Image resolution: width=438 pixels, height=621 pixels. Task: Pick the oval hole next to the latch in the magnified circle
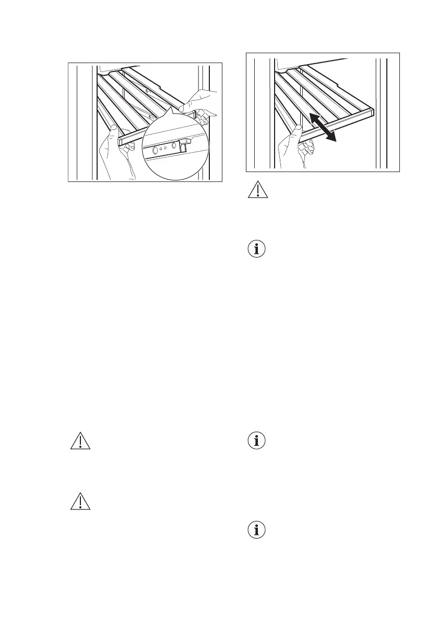[173, 145]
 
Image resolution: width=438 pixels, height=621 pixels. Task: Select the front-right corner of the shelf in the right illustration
[372, 111]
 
